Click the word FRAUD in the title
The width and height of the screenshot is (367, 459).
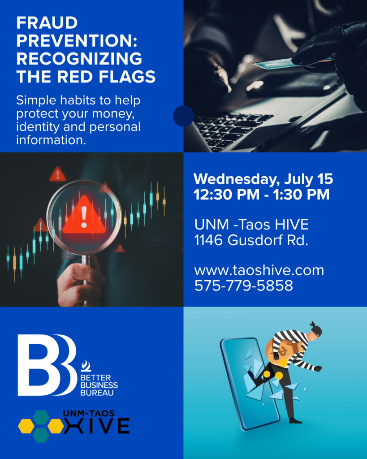pyautogui.click(x=47, y=22)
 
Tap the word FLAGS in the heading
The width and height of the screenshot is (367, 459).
pyautogui.click(x=127, y=77)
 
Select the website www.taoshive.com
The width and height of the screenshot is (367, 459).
pyautogui.click(x=259, y=270)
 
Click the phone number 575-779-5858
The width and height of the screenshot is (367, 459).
pyautogui.click(x=243, y=286)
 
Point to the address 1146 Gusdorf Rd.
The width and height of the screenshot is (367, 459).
pyautogui.click(x=251, y=240)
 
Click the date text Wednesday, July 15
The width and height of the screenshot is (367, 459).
pyautogui.click(x=263, y=179)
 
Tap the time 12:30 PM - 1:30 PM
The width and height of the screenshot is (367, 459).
pyautogui.click(x=261, y=195)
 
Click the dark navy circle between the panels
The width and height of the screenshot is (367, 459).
pyautogui.click(x=184, y=116)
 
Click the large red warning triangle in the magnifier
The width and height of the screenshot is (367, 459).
pyautogui.click(x=84, y=217)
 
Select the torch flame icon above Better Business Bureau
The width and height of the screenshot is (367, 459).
pyautogui.click(x=86, y=366)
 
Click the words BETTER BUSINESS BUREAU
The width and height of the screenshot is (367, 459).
pyautogui.click(x=99, y=385)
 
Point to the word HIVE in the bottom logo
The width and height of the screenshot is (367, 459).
pyautogui.click(x=97, y=426)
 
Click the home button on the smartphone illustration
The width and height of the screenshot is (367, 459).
pyautogui.click(x=261, y=418)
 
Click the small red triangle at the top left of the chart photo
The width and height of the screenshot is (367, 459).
pyautogui.click(x=58, y=174)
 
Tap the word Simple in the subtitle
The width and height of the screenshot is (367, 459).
pyautogui.click(x=36, y=101)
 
